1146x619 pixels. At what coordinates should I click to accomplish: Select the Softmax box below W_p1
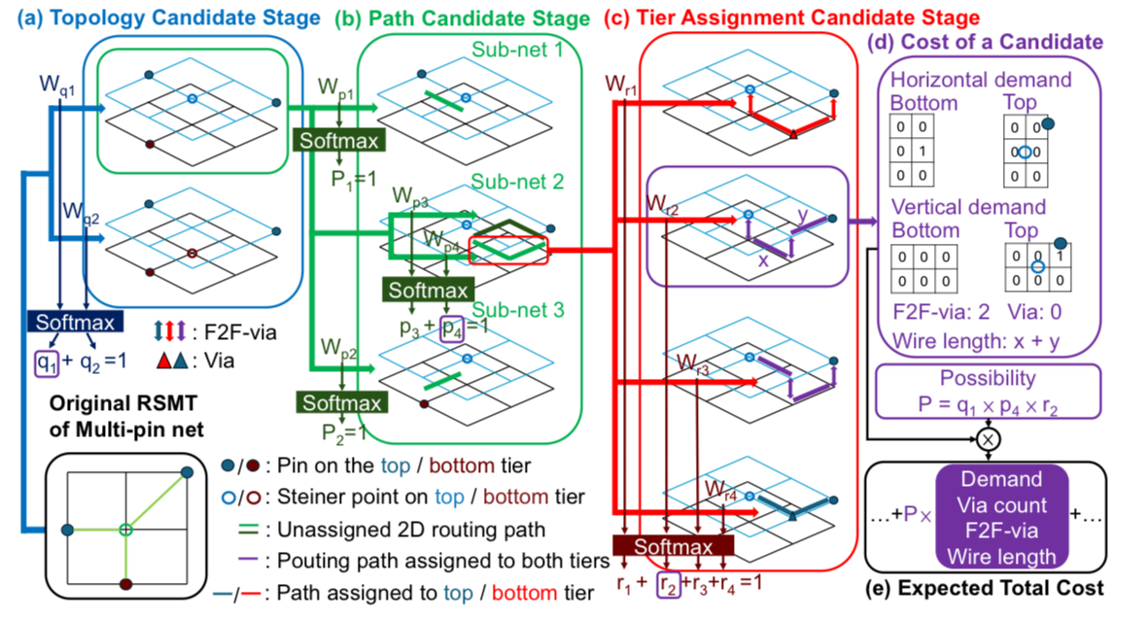339,139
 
